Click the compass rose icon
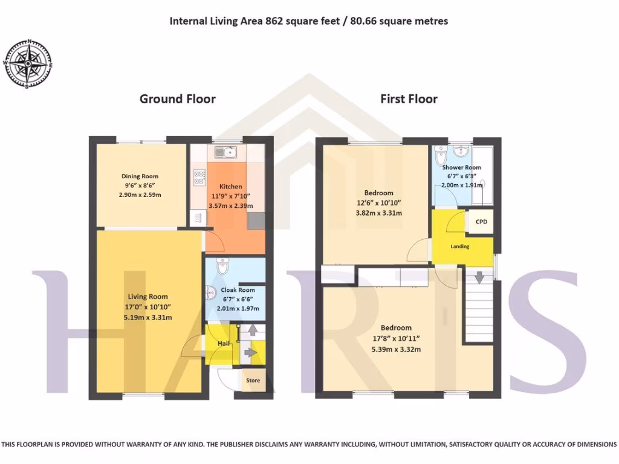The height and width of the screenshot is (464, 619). pos(28,63)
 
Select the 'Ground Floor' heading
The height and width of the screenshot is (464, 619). pos(177,98)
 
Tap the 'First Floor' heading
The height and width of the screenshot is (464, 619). pos(409,98)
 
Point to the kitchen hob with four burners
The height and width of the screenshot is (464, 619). pos(199,177)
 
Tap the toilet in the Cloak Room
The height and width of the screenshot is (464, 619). pos(222,265)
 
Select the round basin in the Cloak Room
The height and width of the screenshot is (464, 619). pos(210,293)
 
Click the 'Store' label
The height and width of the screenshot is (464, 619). pos(253,380)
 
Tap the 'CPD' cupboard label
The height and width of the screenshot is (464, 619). pos(481,222)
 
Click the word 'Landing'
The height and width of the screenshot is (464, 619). pos(460,246)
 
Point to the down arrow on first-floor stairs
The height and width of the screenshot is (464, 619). pos(479,278)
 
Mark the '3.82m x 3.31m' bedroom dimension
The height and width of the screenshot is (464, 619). pos(379,213)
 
